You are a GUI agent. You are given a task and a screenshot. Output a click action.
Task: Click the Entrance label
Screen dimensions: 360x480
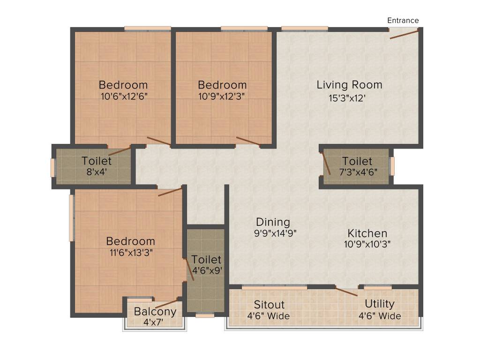[x=403, y=20]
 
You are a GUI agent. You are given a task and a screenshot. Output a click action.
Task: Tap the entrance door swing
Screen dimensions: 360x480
[x=404, y=33]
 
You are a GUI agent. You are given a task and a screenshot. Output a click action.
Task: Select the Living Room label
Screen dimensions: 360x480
[x=349, y=85]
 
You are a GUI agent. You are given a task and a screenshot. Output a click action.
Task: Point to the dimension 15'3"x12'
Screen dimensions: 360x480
[x=347, y=98]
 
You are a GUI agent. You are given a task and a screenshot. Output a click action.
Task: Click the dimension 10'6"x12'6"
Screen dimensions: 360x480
[x=124, y=96]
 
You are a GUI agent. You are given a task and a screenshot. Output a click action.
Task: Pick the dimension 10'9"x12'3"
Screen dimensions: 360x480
[x=222, y=96]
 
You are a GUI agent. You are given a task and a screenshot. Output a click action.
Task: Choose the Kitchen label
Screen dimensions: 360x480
[x=367, y=233]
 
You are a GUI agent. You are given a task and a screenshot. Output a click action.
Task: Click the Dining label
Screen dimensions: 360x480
[x=273, y=222]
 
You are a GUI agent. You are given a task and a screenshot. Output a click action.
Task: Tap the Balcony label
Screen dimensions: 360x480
[x=155, y=311]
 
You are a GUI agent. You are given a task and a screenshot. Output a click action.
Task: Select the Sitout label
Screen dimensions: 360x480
[x=269, y=304]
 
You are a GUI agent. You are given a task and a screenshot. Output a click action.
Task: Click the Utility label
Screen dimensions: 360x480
[x=380, y=304]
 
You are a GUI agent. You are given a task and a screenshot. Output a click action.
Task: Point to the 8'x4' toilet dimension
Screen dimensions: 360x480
[x=97, y=172]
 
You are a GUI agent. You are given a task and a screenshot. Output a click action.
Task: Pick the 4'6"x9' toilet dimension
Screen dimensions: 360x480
[x=206, y=270]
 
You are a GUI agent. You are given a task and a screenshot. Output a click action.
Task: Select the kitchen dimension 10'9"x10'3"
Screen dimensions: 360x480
[x=368, y=244]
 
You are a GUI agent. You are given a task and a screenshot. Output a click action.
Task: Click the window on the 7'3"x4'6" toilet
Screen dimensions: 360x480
[x=392, y=166]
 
